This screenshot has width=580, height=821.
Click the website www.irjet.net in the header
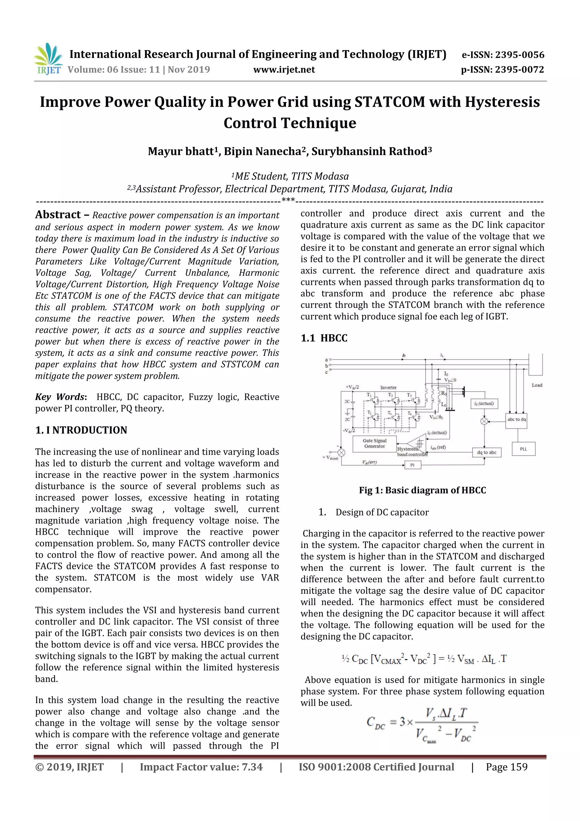[x=284, y=70]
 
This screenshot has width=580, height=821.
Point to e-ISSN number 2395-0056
[x=503, y=55]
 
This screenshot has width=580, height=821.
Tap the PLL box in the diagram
[x=523, y=449]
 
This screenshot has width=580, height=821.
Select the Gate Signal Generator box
[x=374, y=444]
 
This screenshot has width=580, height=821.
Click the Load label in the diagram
[x=537, y=385]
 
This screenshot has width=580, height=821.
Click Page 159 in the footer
[x=506, y=767]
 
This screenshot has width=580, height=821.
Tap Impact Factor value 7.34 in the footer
[x=201, y=767]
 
